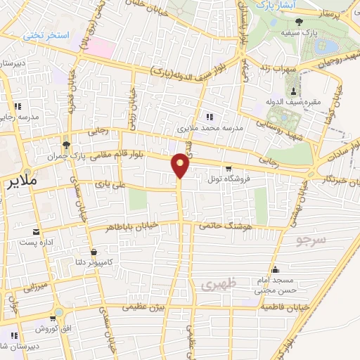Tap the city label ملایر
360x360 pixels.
[x=20, y=182]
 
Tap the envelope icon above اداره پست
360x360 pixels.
[x=36, y=231]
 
